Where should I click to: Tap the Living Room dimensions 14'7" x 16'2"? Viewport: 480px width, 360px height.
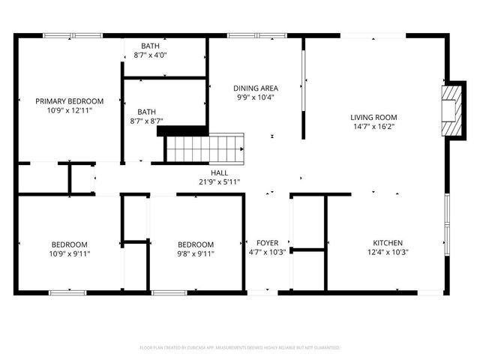[373, 127]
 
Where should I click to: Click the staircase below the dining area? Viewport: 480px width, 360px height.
[205, 148]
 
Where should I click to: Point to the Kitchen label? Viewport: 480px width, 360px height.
[388, 243]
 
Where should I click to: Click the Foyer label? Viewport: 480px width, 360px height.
[267, 243]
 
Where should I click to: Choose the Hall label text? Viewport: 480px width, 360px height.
[219, 172]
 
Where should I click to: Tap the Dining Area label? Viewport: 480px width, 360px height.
[256, 88]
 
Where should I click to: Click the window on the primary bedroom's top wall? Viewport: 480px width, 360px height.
[73, 34]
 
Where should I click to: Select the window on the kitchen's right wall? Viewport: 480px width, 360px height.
[447, 221]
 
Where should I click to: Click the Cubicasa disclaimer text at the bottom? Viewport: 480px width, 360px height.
[240, 348]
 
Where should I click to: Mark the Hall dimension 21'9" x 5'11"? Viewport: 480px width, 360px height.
[219, 181]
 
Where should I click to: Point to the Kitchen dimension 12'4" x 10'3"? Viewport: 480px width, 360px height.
[388, 253]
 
